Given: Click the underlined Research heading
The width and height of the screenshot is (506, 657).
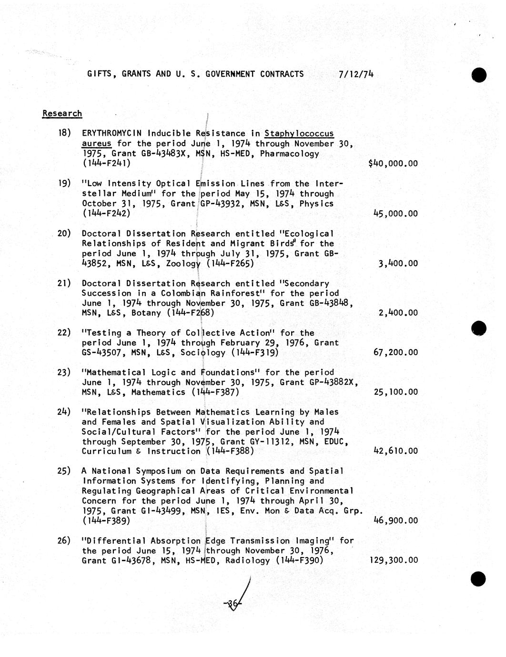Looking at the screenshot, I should (x=62, y=113).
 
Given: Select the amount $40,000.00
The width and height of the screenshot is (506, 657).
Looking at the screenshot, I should (x=393, y=163).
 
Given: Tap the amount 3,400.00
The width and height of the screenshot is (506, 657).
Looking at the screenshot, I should (x=398, y=263).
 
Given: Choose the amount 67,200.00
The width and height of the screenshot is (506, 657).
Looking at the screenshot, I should (x=395, y=352).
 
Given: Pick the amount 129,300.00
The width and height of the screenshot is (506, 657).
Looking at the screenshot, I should (x=394, y=560).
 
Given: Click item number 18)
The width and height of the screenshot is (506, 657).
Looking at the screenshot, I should (x=64, y=133).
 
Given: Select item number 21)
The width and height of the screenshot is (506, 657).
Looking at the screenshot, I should (x=64, y=283).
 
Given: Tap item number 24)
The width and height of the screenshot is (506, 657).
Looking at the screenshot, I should (x=64, y=412).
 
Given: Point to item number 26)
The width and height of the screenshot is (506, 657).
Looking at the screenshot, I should (x=64, y=540).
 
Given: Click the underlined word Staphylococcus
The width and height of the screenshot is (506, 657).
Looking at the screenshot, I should (x=299, y=133).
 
